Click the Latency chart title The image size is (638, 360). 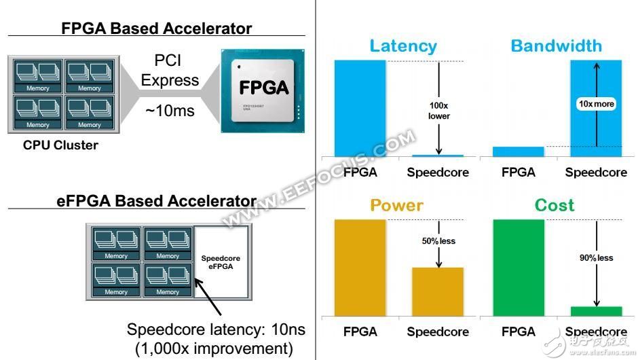click(x=403, y=46)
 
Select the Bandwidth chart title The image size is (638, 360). click(x=556, y=46)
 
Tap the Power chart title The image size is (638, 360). click(x=396, y=205)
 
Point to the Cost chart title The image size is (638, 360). click(x=554, y=205)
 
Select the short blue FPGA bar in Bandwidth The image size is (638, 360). click(x=518, y=151)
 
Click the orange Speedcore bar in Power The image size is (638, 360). click(x=438, y=291)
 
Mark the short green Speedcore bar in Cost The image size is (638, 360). click(x=596, y=310)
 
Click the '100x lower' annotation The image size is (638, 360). click(x=438, y=110)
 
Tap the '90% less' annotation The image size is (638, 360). click(x=597, y=257)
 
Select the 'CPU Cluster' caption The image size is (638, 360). click(x=60, y=145)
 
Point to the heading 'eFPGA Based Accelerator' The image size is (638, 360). click(x=157, y=201)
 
